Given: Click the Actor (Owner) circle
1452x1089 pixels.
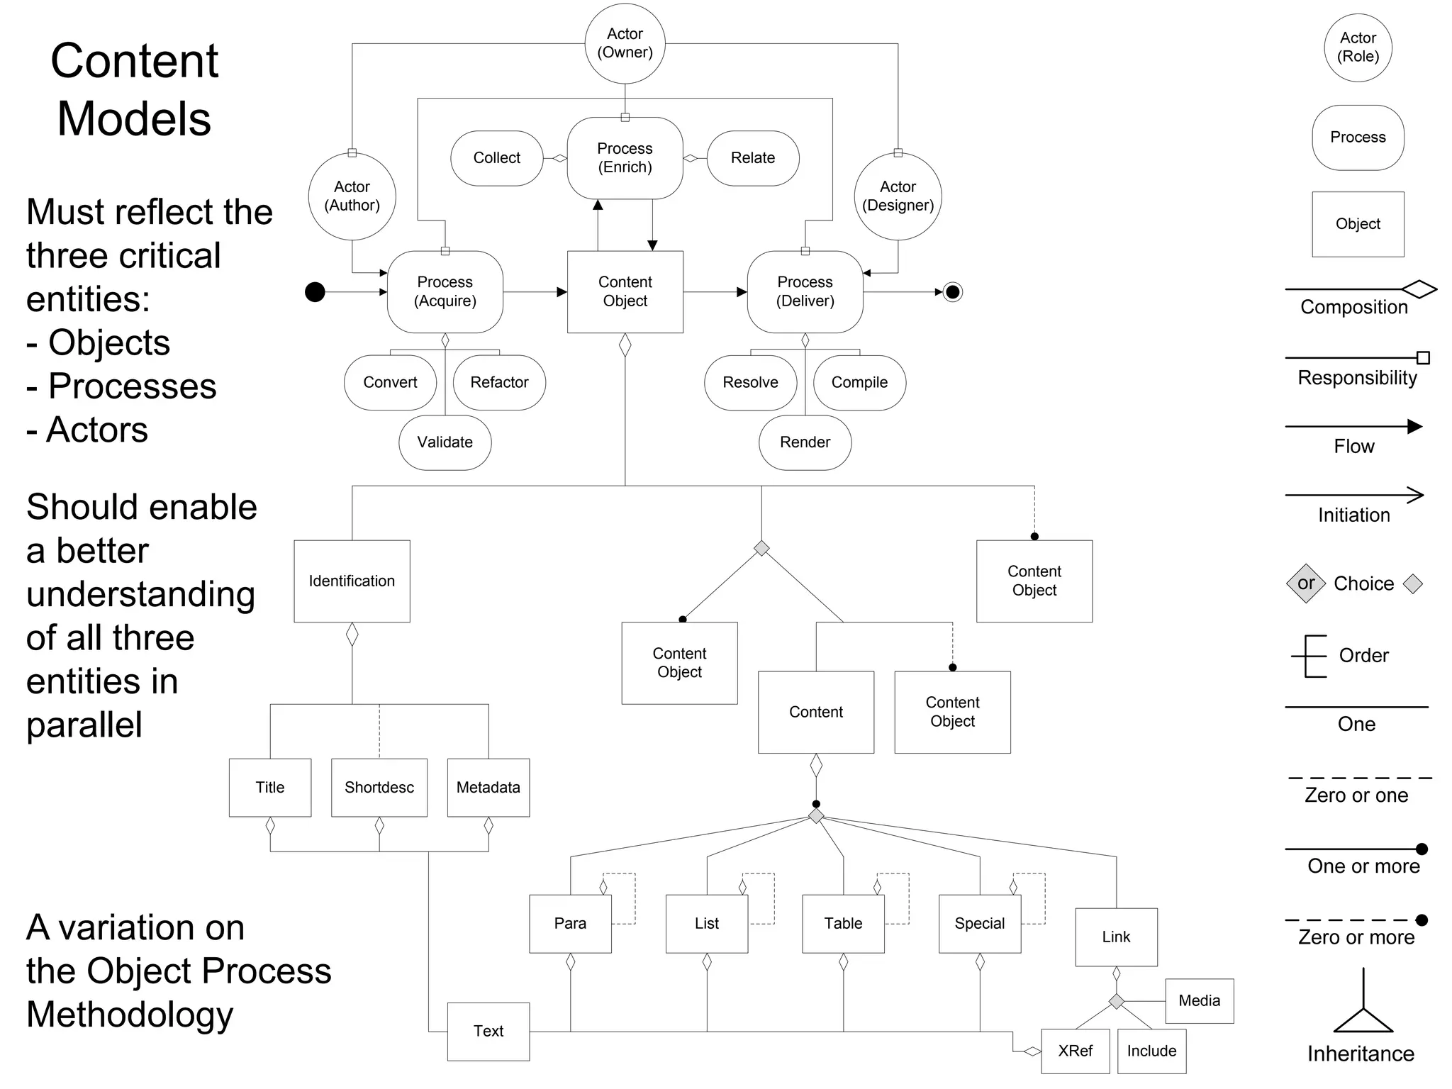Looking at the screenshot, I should [625, 43].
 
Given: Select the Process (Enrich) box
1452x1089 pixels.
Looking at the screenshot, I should [625, 158].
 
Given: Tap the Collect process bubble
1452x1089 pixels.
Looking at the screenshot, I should [496, 158].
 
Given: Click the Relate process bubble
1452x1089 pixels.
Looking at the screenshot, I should [752, 158].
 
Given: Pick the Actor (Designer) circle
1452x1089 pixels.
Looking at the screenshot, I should [898, 196].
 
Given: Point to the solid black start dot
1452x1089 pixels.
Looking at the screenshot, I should [315, 291].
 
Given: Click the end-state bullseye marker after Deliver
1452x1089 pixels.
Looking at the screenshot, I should [953, 291].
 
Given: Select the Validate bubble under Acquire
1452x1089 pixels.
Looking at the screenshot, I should [445, 442].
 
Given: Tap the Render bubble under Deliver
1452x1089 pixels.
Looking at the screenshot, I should [805, 442].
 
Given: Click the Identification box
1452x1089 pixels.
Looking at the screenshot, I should [352, 581].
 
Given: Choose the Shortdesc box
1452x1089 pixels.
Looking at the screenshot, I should [379, 788].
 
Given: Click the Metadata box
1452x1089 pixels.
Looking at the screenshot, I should [488, 788].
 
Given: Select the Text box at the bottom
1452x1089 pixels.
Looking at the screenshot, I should [488, 1032].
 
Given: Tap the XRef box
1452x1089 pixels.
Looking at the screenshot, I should [1075, 1051].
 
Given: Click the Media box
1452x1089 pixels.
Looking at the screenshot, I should [1199, 1001].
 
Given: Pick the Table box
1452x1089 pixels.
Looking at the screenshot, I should [843, 924].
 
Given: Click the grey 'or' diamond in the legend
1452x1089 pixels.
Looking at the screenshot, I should [1305, 583].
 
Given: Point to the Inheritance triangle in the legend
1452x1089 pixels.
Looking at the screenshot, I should [1363, 1020].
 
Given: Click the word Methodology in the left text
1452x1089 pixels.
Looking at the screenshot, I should [130, 1015].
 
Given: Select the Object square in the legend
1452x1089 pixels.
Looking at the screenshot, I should [1358, 224].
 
